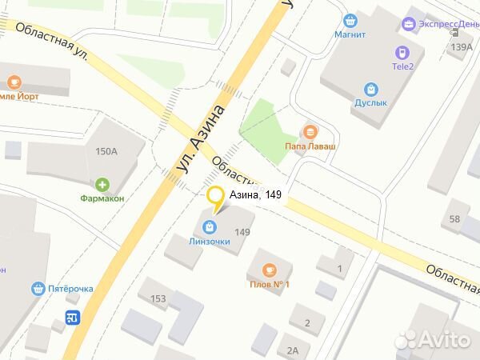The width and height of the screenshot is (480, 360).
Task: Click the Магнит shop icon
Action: tap(350, 21)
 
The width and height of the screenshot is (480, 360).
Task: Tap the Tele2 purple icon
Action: tap(399, 52)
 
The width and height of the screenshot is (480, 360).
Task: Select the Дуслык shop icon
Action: tap(370, 90)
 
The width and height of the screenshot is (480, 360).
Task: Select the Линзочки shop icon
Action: tap(210, 226)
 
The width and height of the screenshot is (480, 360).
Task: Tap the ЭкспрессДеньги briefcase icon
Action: tap(410, 24)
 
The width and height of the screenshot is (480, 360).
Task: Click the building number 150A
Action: tap(106, 151)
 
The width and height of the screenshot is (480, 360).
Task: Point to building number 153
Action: tap(158, 298)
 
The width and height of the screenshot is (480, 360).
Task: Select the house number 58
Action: tap(454, 219)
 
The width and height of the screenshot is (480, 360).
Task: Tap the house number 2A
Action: tap(293, 350)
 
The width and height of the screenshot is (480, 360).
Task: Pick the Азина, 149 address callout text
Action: tap(256, 194)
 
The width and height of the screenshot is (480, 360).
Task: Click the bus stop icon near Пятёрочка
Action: tap(73, 317)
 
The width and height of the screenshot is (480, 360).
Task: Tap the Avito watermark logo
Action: tap(432, 340)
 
